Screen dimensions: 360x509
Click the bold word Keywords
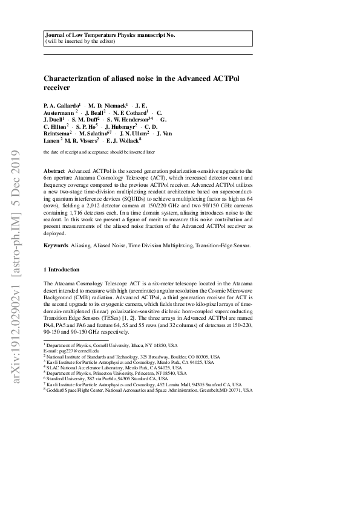tap(57, 245)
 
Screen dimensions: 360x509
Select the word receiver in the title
tap(57, 88)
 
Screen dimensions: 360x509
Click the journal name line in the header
tap(110, 36)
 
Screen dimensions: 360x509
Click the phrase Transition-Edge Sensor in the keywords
tap(221, 245)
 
